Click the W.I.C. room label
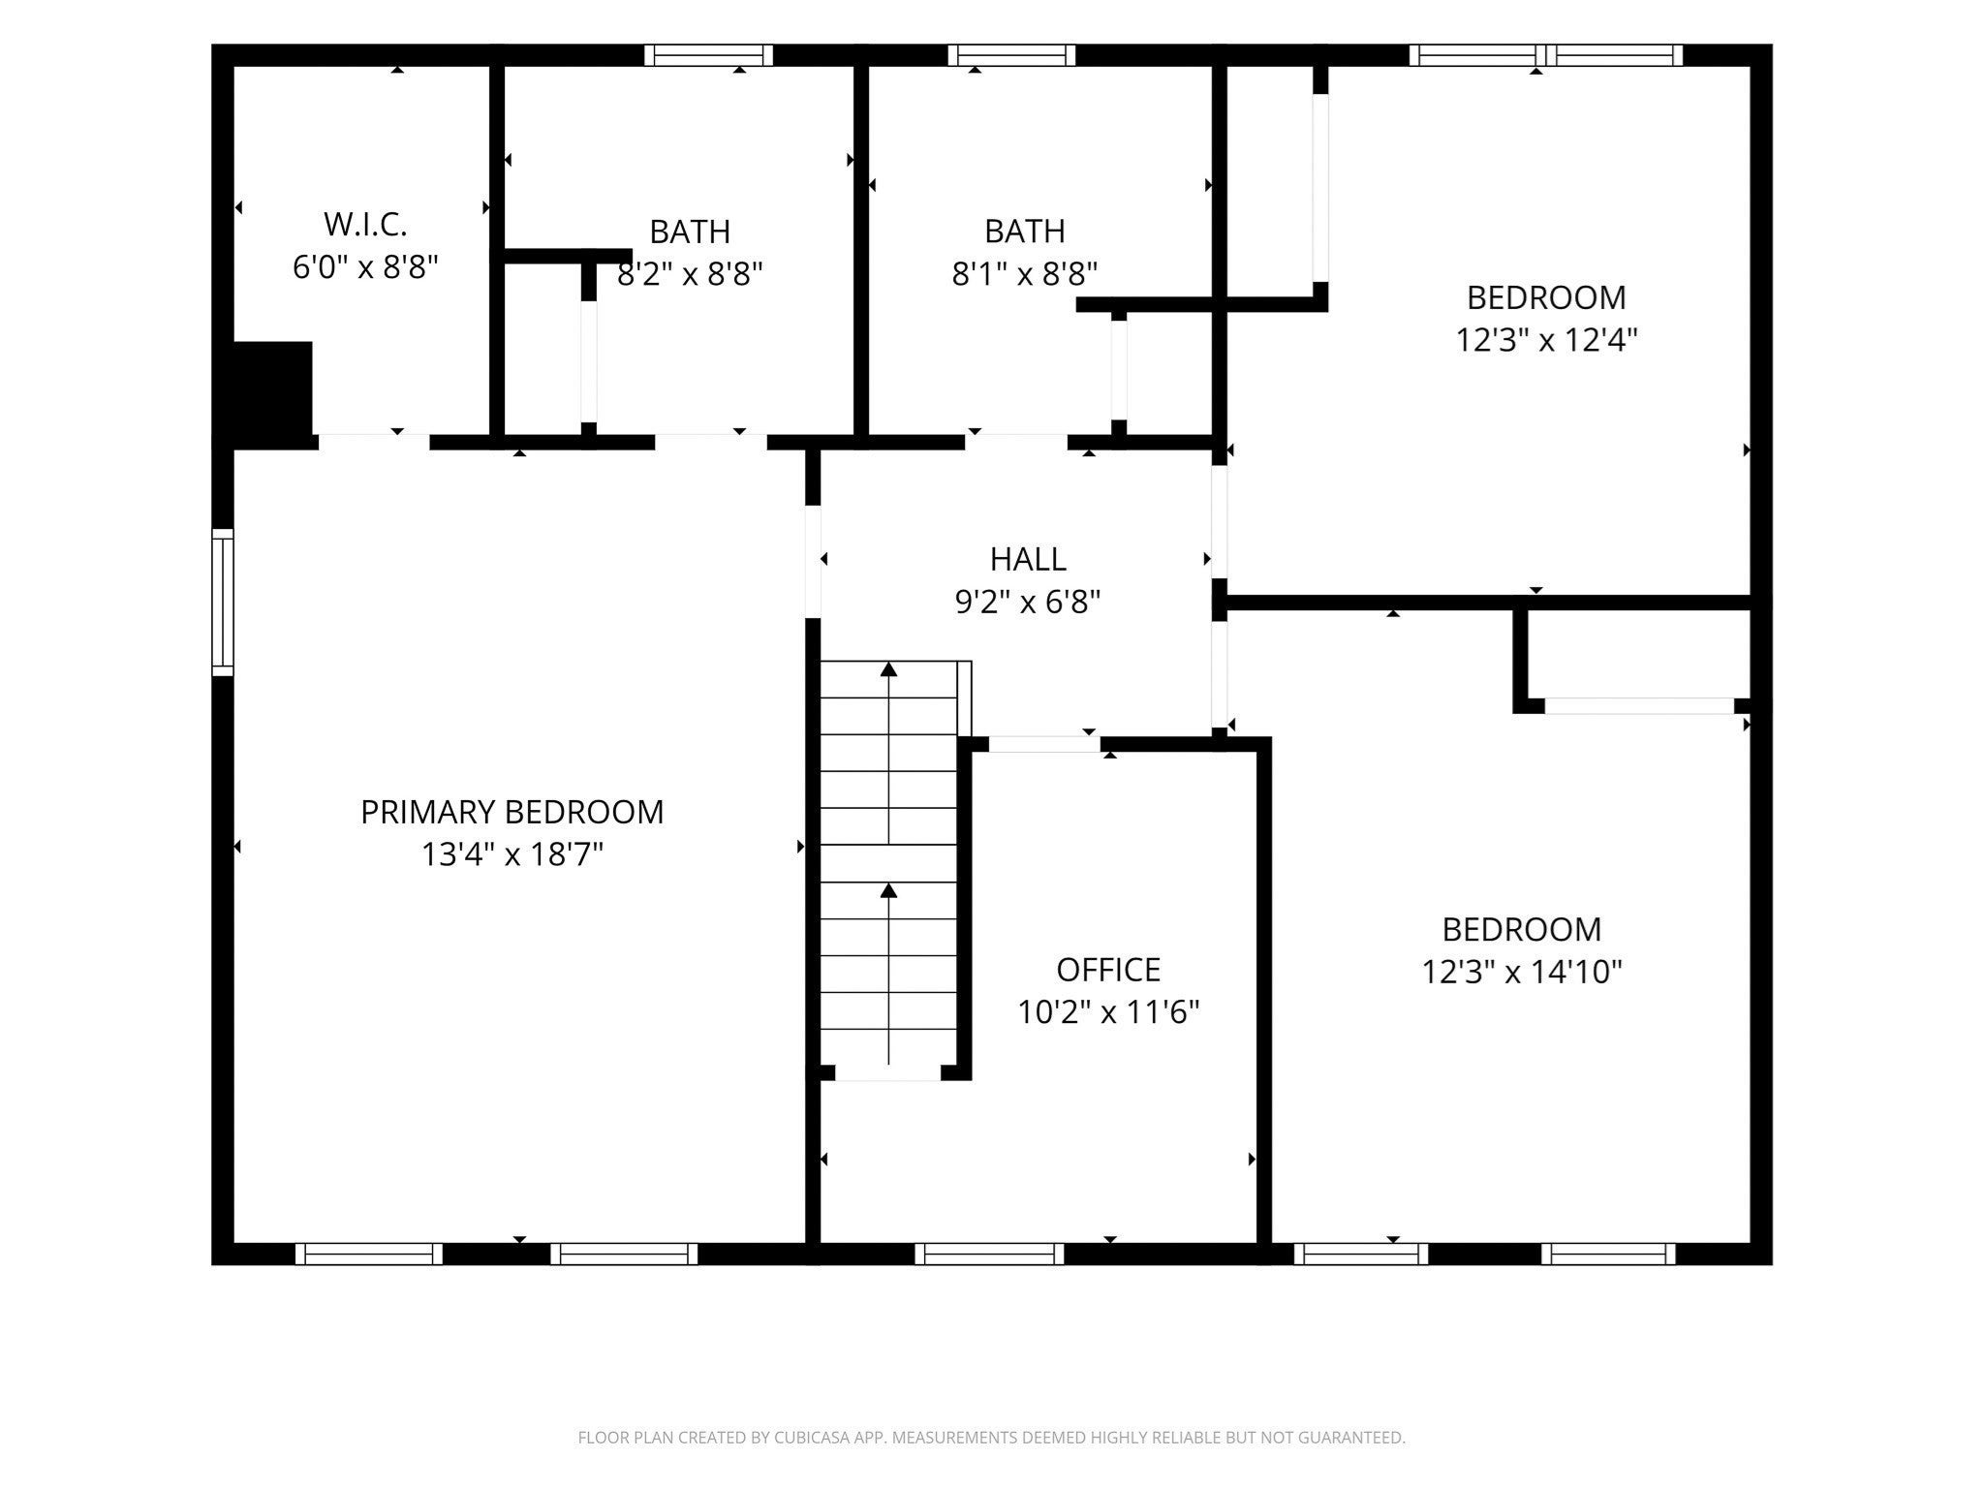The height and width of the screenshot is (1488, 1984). pyautogui.click(x=365, y=225)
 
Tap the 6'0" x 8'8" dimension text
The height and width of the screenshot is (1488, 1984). pyautogui.click(x=366, y=267)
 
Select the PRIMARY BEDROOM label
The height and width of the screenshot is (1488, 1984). pyautogui.click(x=512, y=812)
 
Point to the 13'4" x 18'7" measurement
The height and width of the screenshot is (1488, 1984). pyautogui.click(x=512, y=854)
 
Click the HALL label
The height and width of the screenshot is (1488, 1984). pyautogui.click(x=1028, y=559)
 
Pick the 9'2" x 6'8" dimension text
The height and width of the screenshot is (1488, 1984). pyautogui.click(x=1028, y=603)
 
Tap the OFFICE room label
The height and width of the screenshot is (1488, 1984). pyautogui.click(x=1108, y=970)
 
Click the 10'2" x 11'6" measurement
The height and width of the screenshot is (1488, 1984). pyautogui.click(x=1108, y=1012)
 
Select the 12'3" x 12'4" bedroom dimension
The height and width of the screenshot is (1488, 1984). pyautogui.click(x=1546, y=340)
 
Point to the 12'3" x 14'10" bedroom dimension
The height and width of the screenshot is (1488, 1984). pyautogui.click(x=1522, y=972)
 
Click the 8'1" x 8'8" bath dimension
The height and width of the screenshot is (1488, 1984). pyautogui.click(x=1025, y=274)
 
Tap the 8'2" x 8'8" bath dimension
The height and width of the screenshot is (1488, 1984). pyautogui.click(x=690, y=274)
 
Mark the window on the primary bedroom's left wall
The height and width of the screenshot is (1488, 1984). pyautogui.click(x=223, y=602)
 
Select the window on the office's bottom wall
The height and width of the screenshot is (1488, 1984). pyautogui.click(x=989, y=1254)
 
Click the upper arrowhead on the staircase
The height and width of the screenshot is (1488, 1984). pyautogui.click(x=888, y=668)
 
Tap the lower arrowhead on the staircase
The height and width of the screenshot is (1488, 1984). pyautogui.click(x=888, y=889)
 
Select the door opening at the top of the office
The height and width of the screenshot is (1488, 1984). pyautogui.click(x=1044, y=744)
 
